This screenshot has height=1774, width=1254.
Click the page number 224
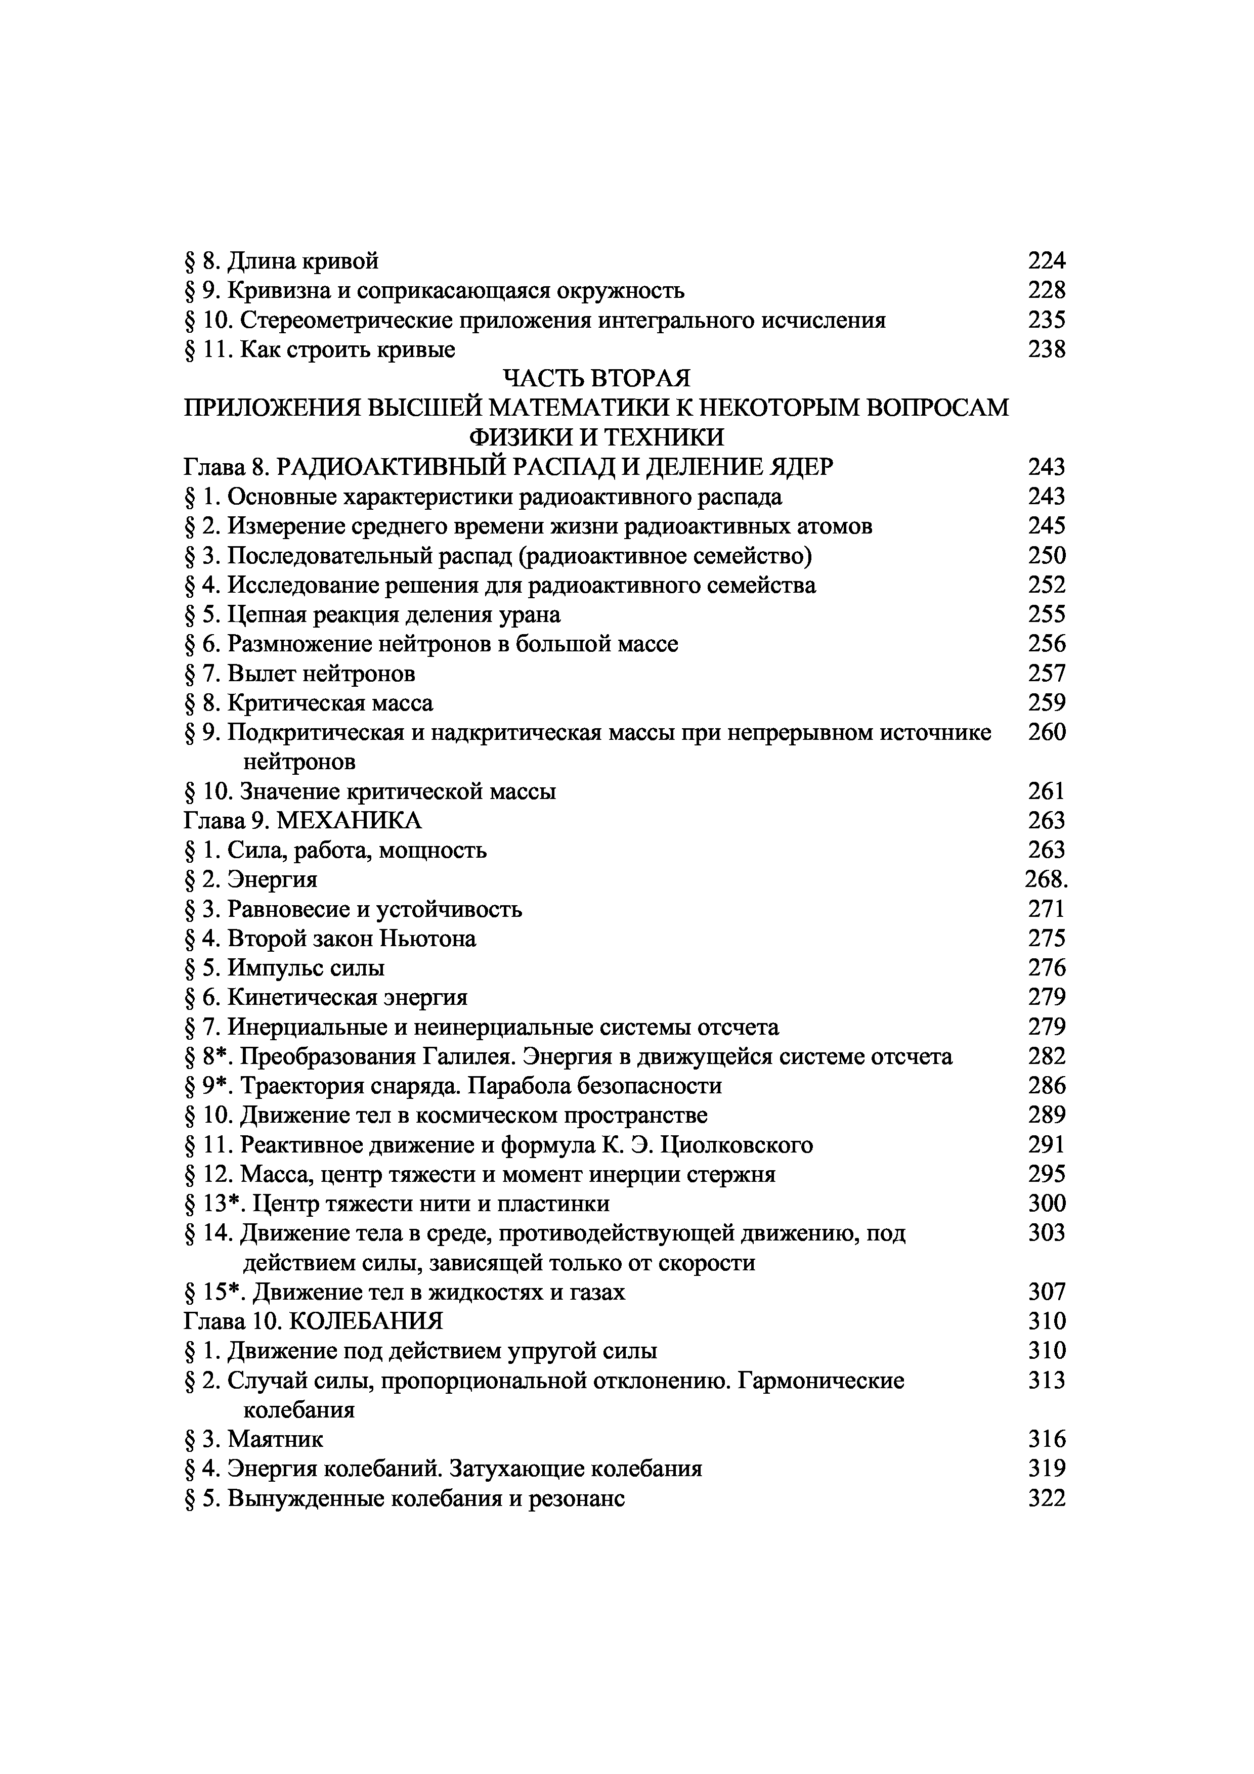tap(1046, 261)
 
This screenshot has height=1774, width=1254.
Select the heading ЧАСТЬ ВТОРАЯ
tap(596, 379)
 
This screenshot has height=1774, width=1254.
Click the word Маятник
tap(276, 1439)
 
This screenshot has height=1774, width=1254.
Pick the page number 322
tap(1046, 1498)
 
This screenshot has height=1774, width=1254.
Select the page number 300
tap(1046, 1203)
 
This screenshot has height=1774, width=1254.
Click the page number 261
tap(1046, 791)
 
